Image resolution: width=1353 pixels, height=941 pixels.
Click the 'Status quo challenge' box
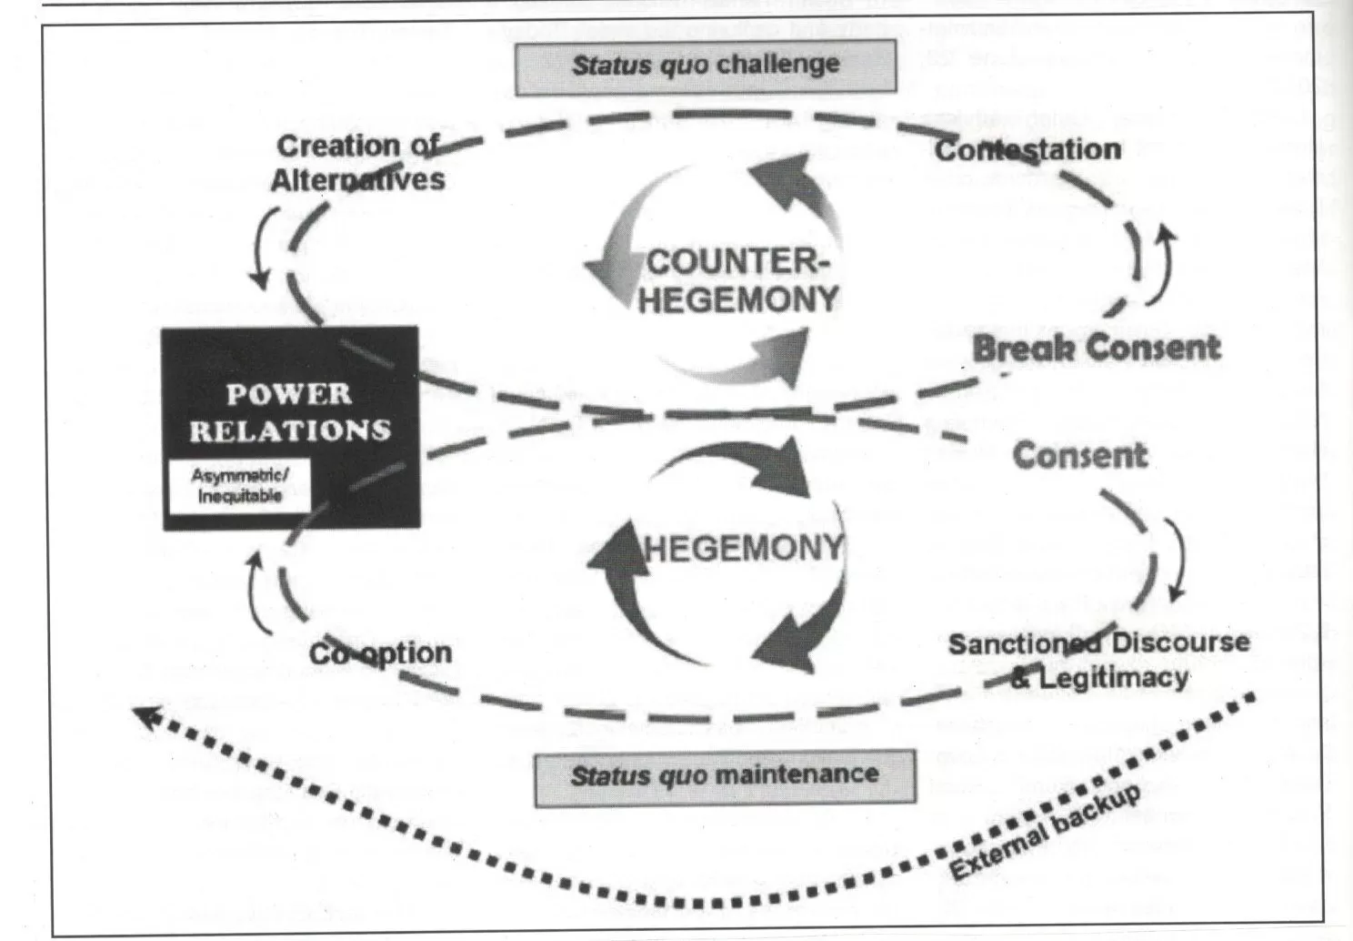tap(706, 66)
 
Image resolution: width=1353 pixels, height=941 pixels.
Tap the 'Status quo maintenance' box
tap(725, 775)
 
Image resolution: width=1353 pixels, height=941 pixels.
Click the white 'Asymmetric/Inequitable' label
tap(240, 486)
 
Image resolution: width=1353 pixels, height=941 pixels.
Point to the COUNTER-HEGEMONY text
tap(737, 280)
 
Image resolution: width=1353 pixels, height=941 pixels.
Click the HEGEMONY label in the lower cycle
tap(744, 548)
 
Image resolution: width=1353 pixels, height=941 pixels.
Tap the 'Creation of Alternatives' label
tap(357, 162)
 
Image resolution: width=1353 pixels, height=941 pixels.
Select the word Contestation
tap(1027, 149)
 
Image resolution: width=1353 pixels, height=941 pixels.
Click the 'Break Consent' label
tap(1096, 348)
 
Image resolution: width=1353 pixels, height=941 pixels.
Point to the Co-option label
tap(380, 653)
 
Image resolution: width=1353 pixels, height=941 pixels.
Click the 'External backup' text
tap(1046, 833)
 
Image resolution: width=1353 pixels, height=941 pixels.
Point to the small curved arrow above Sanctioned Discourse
tap(1177, 557)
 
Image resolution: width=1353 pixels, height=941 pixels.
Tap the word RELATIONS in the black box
tap(290, 430)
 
